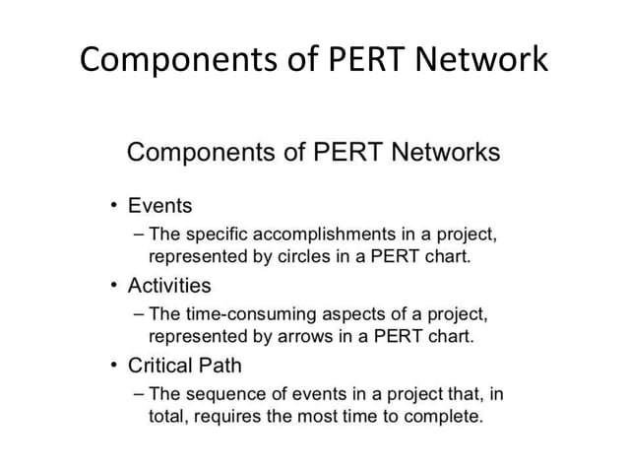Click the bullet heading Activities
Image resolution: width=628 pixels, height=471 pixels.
[x=169, y=286]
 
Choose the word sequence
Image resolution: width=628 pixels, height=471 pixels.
[x=228, y=395]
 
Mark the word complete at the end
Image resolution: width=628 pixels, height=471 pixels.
[x=448, y=417]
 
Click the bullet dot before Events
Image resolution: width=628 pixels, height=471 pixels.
[x=114, y=207]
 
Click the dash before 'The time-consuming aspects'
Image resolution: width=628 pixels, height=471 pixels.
[x=137, y=315]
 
